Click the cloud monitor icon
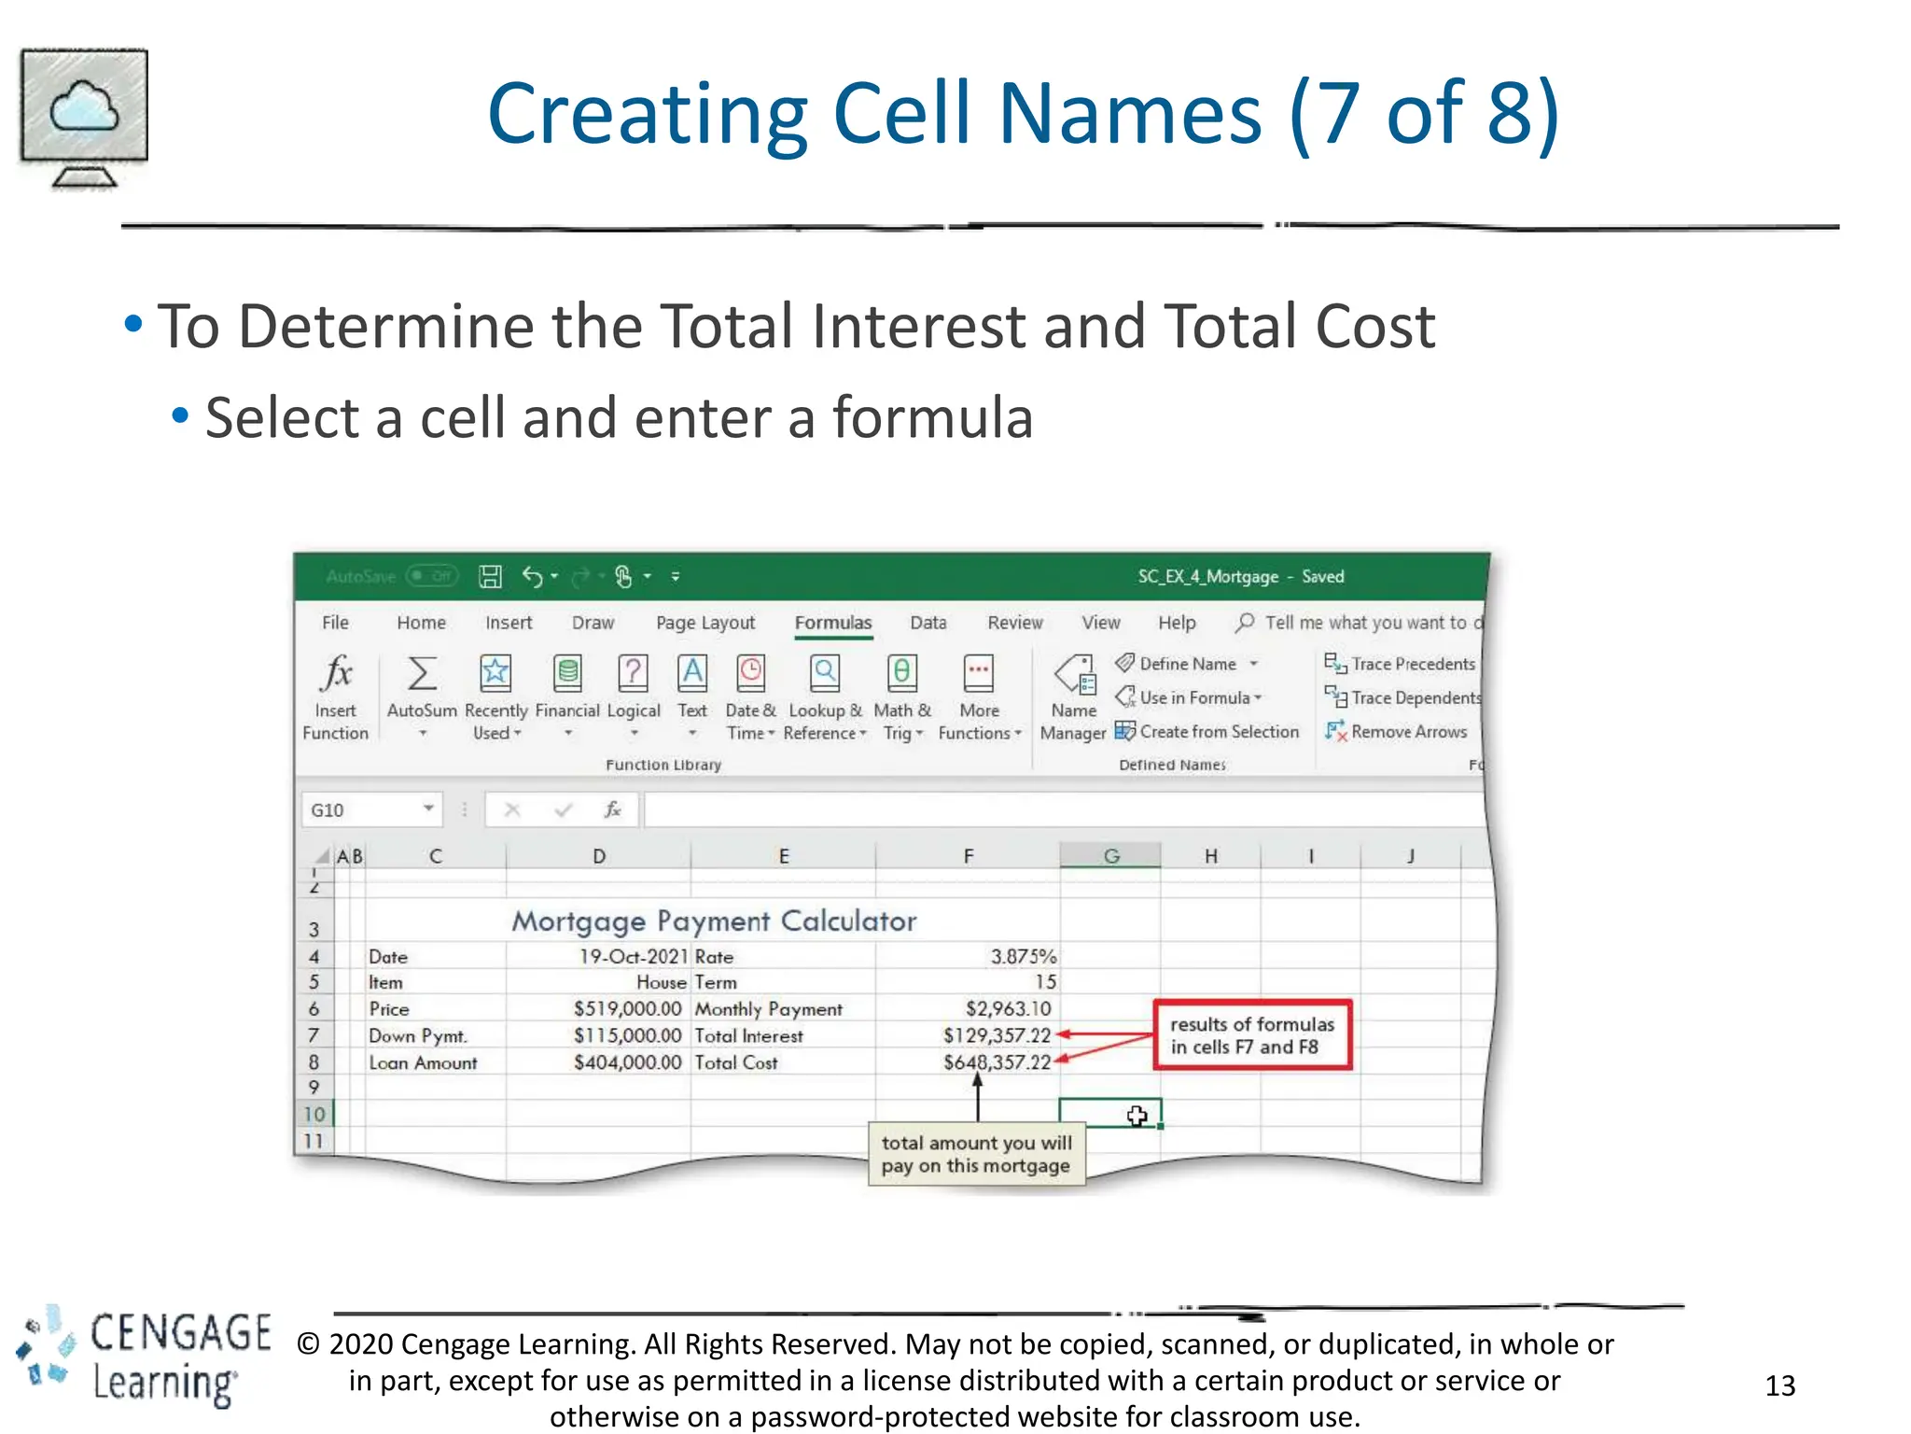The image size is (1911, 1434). pos(84,117)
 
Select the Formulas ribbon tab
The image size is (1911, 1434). pos(832,623)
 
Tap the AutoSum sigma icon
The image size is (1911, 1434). pos(422,674)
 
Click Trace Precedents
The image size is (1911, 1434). pos(1402,664)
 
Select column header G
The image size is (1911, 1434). pos(1110,856)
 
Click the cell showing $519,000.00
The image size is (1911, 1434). pos(627,1009)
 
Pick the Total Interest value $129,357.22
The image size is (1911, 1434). pos(997,1035)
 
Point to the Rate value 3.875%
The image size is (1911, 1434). pos(1023,957)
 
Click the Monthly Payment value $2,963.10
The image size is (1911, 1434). pos(1008,1009)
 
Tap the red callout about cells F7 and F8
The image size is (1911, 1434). pos(1252,1035)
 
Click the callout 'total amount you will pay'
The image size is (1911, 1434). pos(976,1155)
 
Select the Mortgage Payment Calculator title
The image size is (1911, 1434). pos(714,921)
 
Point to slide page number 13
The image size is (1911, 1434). pos(1779,1385)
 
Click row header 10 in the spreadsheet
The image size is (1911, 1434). pos(314,1114)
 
